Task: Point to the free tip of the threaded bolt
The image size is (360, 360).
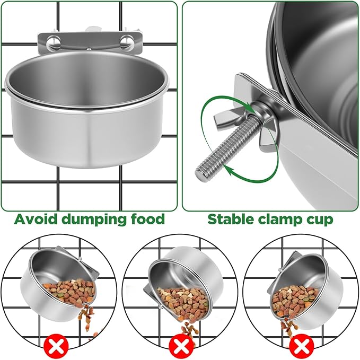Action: coord(203,171)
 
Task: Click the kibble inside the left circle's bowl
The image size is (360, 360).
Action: coord(69,292)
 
